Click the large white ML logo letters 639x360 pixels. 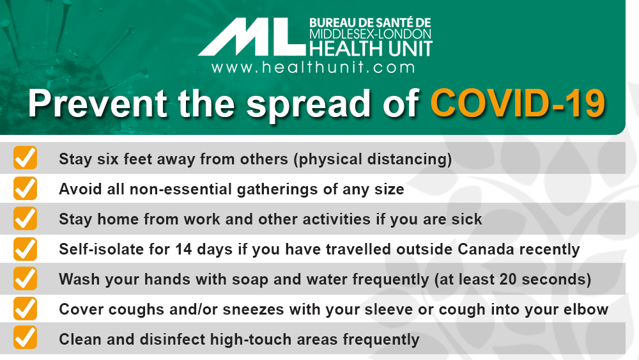252,36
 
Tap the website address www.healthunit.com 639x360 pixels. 313,67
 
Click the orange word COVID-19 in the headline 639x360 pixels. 518,104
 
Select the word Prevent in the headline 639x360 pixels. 98,104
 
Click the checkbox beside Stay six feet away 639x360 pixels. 26,158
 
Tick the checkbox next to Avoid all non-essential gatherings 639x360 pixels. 26,188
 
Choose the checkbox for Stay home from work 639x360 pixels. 26,218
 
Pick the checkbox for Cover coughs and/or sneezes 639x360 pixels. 26,309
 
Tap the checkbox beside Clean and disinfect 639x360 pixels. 26,338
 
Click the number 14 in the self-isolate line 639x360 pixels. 183,249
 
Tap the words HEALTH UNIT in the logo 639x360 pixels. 371,49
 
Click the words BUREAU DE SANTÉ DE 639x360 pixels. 370,23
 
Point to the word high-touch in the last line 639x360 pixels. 258,340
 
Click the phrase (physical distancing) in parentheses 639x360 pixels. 373,159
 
